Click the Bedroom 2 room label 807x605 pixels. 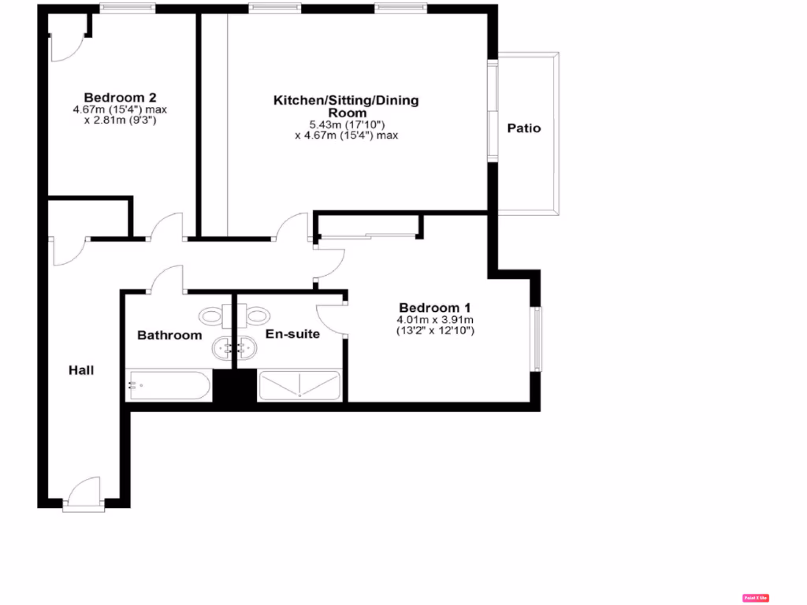[120, 98]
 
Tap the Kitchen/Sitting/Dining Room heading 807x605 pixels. [346, 106]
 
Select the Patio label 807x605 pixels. [524, 128]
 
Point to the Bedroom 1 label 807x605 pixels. [434, 307]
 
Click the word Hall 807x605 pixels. [81, 369]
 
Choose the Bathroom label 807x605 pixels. [169, 335]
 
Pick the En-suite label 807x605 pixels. [292, 334]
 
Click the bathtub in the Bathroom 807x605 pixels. [169, 386]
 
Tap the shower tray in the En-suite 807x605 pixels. [299, 385]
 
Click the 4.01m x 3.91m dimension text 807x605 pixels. [435, 320]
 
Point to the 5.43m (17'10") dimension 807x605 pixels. [346, 124]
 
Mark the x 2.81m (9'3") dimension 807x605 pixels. [120, 121]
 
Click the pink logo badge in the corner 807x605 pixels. [755, 598]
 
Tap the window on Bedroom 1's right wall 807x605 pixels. [537, 339]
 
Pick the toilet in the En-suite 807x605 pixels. [256, 316]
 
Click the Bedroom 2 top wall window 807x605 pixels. [122, 9]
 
